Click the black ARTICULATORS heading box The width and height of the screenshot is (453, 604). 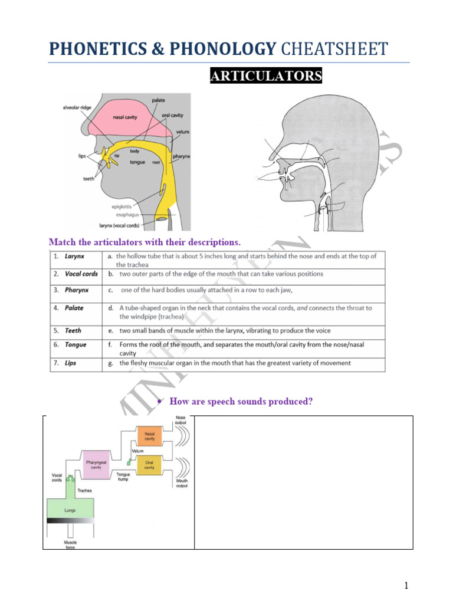point(266,76)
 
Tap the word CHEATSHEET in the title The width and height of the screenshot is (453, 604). point(334,49)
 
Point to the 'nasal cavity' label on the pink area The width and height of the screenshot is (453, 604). point(125,117)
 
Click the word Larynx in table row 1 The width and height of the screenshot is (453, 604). point(74,257)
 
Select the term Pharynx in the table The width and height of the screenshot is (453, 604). point(77,290)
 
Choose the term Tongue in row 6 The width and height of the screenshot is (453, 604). point(75,344)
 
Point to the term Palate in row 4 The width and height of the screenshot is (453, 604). point(74,308)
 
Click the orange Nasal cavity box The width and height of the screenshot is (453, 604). point(149,437)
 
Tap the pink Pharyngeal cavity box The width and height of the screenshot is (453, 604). point(96,465)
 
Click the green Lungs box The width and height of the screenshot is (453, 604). point(70,510)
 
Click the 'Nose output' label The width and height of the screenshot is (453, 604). point(180,420)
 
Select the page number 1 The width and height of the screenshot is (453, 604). point(406,586)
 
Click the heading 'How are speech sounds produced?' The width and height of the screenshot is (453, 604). point(241,402)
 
